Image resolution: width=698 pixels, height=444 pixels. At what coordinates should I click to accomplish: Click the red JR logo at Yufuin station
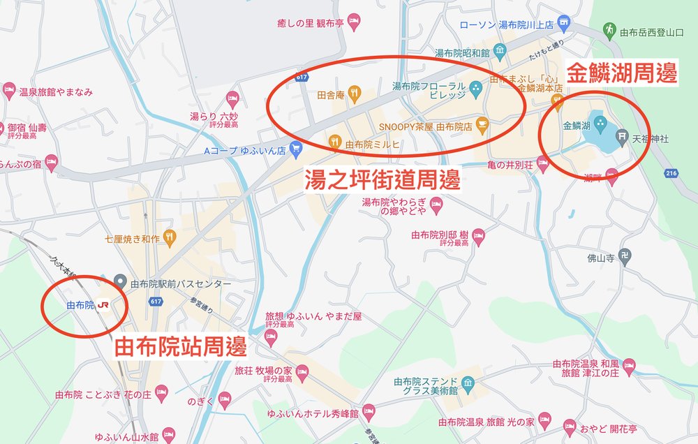click(103, 305)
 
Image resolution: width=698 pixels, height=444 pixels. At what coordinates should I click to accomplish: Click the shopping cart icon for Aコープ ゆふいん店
click(296, 149)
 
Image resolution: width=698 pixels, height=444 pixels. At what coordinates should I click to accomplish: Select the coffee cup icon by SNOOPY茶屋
click(483, 127)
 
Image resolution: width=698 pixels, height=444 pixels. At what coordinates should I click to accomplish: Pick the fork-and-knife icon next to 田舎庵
click(355, 91)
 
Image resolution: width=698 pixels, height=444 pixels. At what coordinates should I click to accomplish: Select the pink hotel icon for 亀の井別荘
click(543, 164)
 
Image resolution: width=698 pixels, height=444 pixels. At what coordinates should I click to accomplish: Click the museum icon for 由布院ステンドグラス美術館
click(468, 383)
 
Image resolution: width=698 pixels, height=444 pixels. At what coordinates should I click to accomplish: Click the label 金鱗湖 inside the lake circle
click(577, 126)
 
